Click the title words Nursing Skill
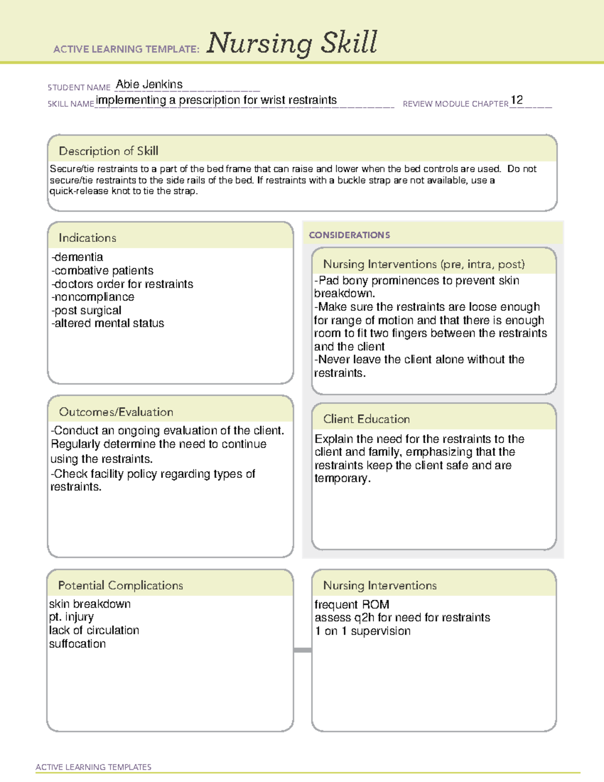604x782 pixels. coord(291,43)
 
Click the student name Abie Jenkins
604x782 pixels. coord(149,84)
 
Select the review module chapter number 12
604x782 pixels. coord(517,100)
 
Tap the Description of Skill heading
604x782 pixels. coord(108,151)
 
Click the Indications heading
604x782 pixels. coord(87,238)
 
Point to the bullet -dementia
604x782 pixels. coord(77,257)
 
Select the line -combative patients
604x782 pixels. coord(102,270)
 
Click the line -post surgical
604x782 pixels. coord(86,310)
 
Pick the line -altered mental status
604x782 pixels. coord(108,323)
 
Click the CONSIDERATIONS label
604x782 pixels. coord(349,235)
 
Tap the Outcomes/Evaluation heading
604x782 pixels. coord(116,412)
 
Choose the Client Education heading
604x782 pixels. coord(366,419)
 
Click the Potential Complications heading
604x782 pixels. coord(120,585)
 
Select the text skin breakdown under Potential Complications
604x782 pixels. coord(90,604)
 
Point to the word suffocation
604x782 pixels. coord(78,644)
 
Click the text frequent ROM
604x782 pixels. coord(351,604)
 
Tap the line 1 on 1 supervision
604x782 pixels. coord(362,631)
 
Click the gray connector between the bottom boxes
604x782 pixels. coord(303,650)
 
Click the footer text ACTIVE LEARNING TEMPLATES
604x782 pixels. coord(93,767)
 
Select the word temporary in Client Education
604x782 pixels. coord(341,478)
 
